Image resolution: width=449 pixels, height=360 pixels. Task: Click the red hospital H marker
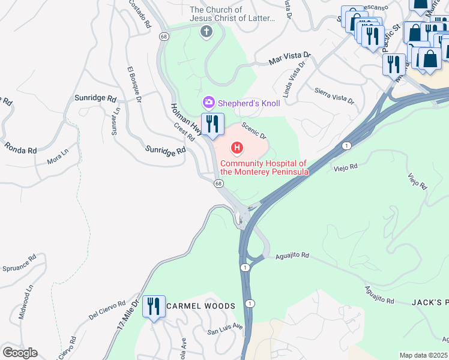[x=238, y=148]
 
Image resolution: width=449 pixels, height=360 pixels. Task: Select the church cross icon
[x=207, y=31]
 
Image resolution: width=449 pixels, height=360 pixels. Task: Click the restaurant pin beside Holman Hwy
[x=212, y=124]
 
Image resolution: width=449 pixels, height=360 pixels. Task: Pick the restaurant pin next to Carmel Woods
[x=154, y=307]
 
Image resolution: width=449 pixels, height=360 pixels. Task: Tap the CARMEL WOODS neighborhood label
[x=201, y=306]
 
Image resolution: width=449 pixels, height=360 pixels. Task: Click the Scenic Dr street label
[x=254, y=132]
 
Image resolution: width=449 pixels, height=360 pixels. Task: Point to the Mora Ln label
[x=58, y=161]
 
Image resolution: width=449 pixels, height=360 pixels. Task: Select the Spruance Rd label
[x=19, y=265]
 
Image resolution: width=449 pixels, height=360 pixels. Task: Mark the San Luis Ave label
[x=224, y=329]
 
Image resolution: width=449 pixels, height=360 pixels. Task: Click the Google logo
[x=20, y=353]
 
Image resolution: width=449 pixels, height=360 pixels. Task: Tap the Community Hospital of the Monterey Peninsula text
[x=264, y=167]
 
